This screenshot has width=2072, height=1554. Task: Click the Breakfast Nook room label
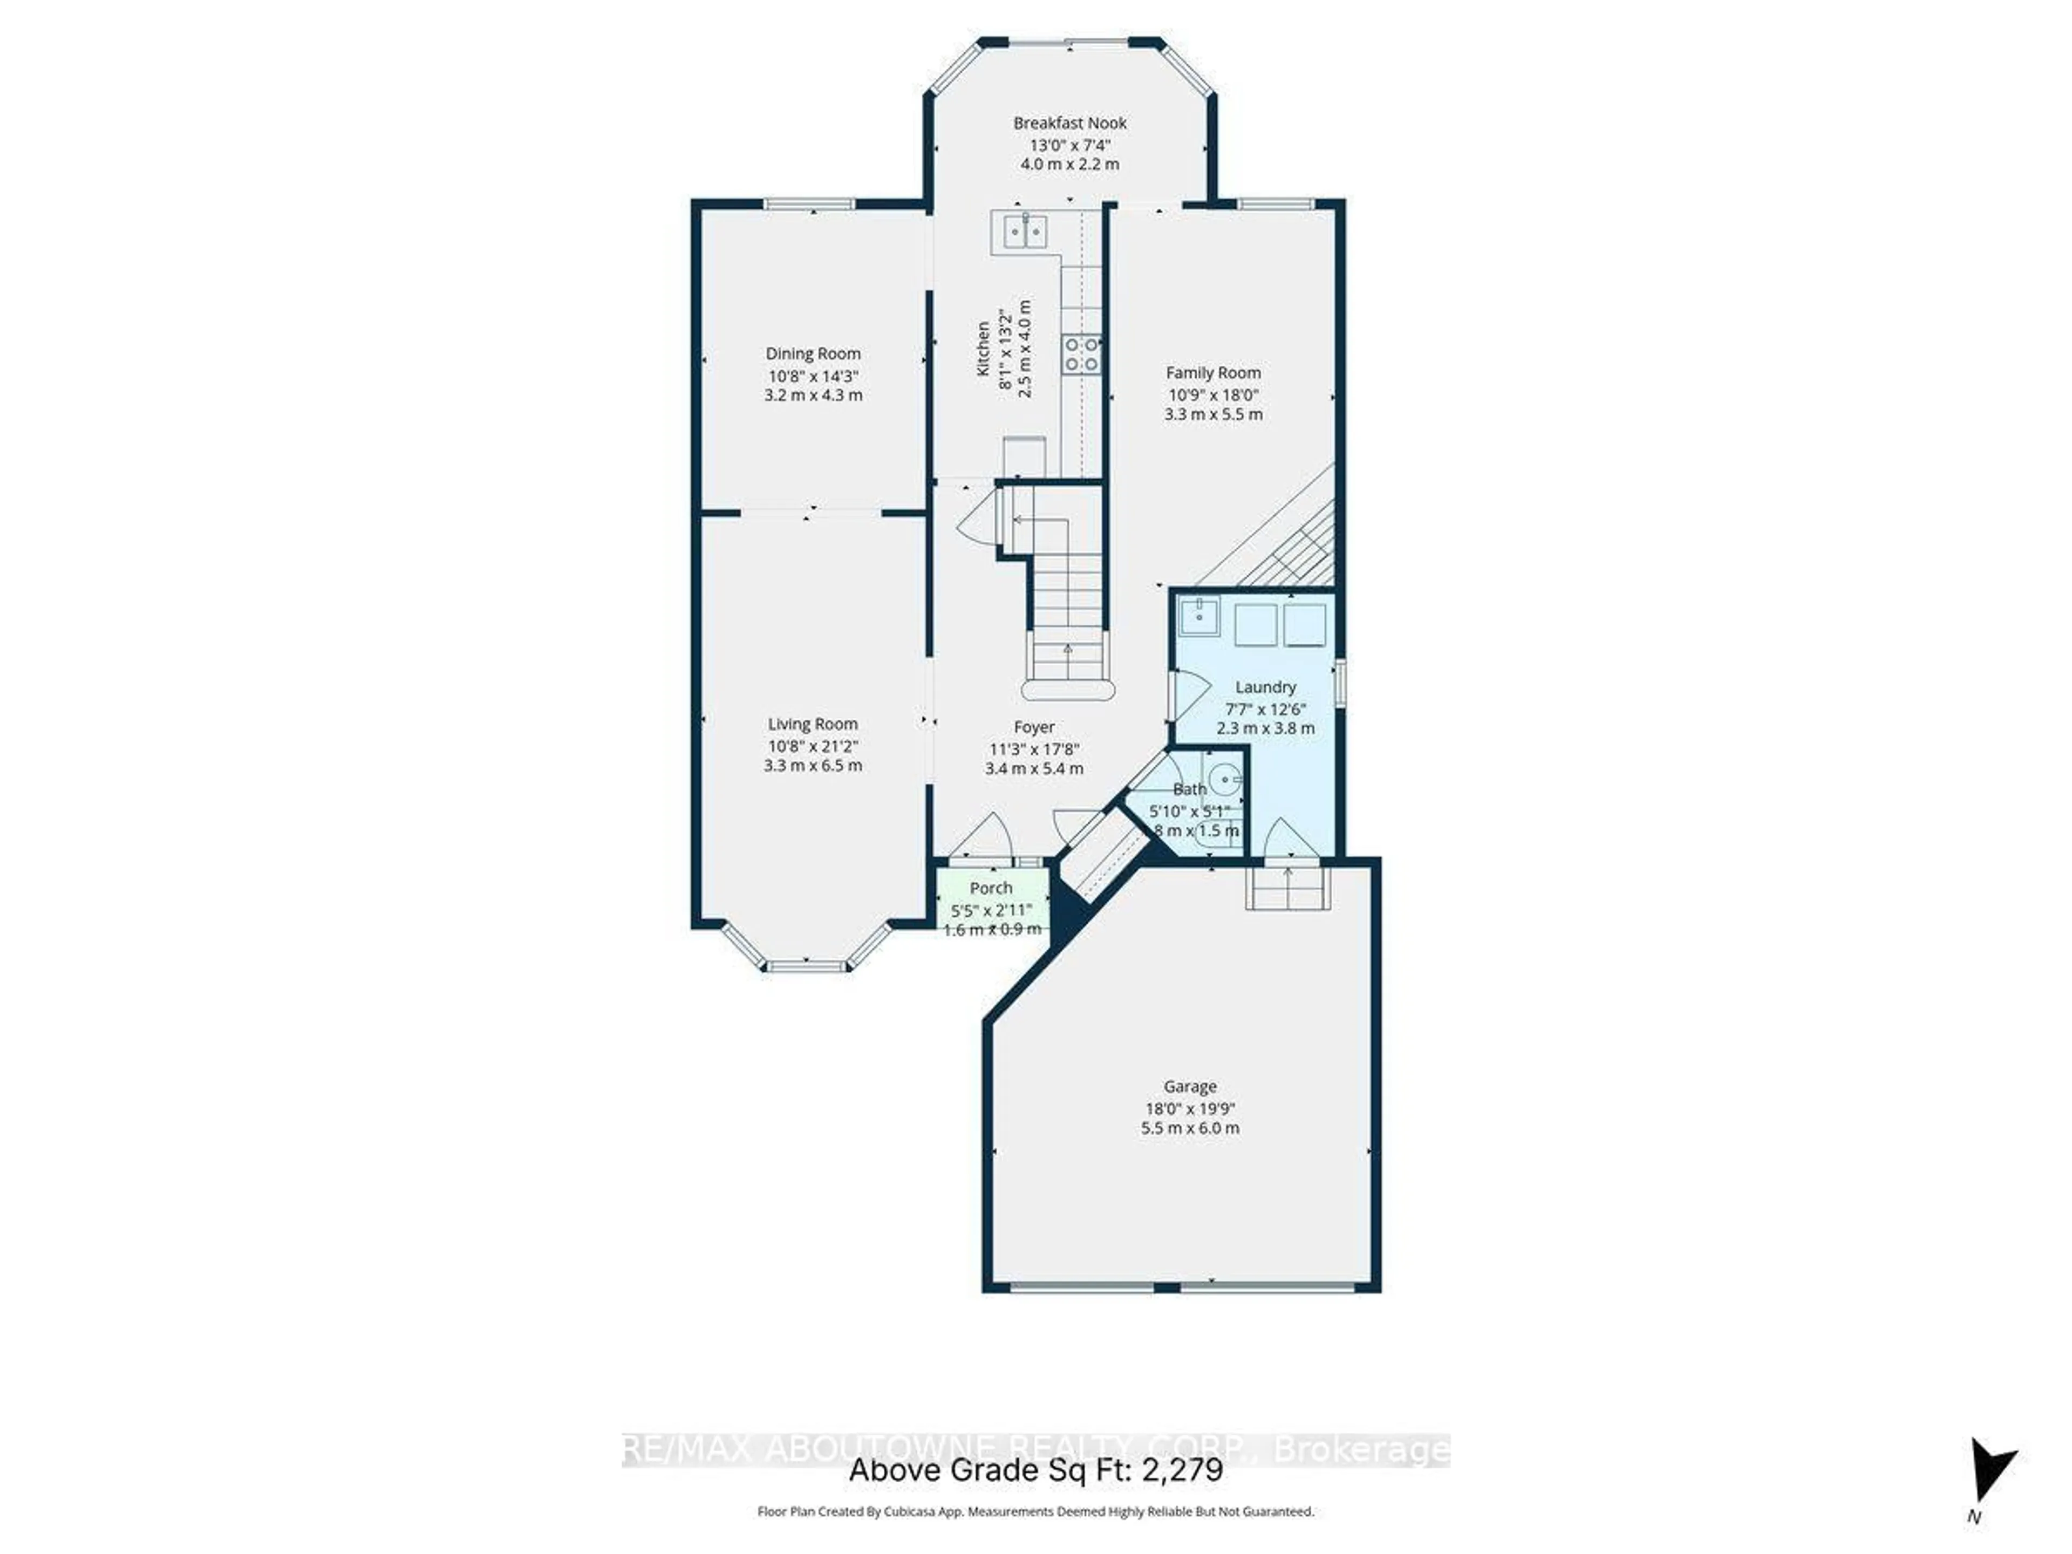tap(1069, 122)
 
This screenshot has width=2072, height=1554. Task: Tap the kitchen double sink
tap(1025, 230)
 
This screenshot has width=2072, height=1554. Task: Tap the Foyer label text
tap(1034, 727)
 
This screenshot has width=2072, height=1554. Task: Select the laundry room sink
tap(1199, 616)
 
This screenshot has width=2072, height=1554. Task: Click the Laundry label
tap(1265, 686)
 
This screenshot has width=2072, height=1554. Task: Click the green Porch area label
tap(991, 887)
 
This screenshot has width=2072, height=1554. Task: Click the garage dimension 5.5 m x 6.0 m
tap(1190, 1128)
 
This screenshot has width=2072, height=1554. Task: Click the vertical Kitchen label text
tap(984, 349)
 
